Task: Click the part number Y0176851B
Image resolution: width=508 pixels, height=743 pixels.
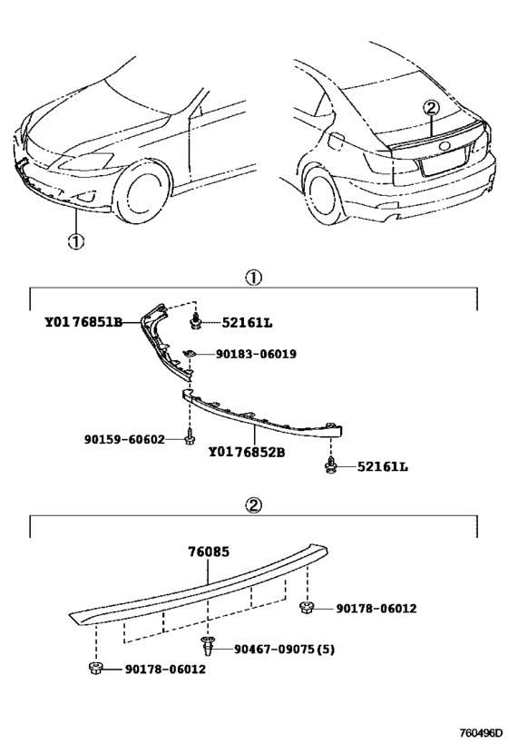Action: tap(83, 322)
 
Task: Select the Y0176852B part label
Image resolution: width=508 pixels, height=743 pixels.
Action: tap(247, 451)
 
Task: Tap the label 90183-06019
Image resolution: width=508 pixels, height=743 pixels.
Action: tap(257, 354)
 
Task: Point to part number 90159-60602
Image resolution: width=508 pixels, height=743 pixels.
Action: tap(125, 440)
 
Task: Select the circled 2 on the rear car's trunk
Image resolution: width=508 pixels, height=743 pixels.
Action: tap(432, 108)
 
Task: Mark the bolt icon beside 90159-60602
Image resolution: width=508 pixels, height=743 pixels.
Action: tap(189, 440)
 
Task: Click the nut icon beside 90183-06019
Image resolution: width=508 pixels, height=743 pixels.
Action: tap(191, 353)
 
